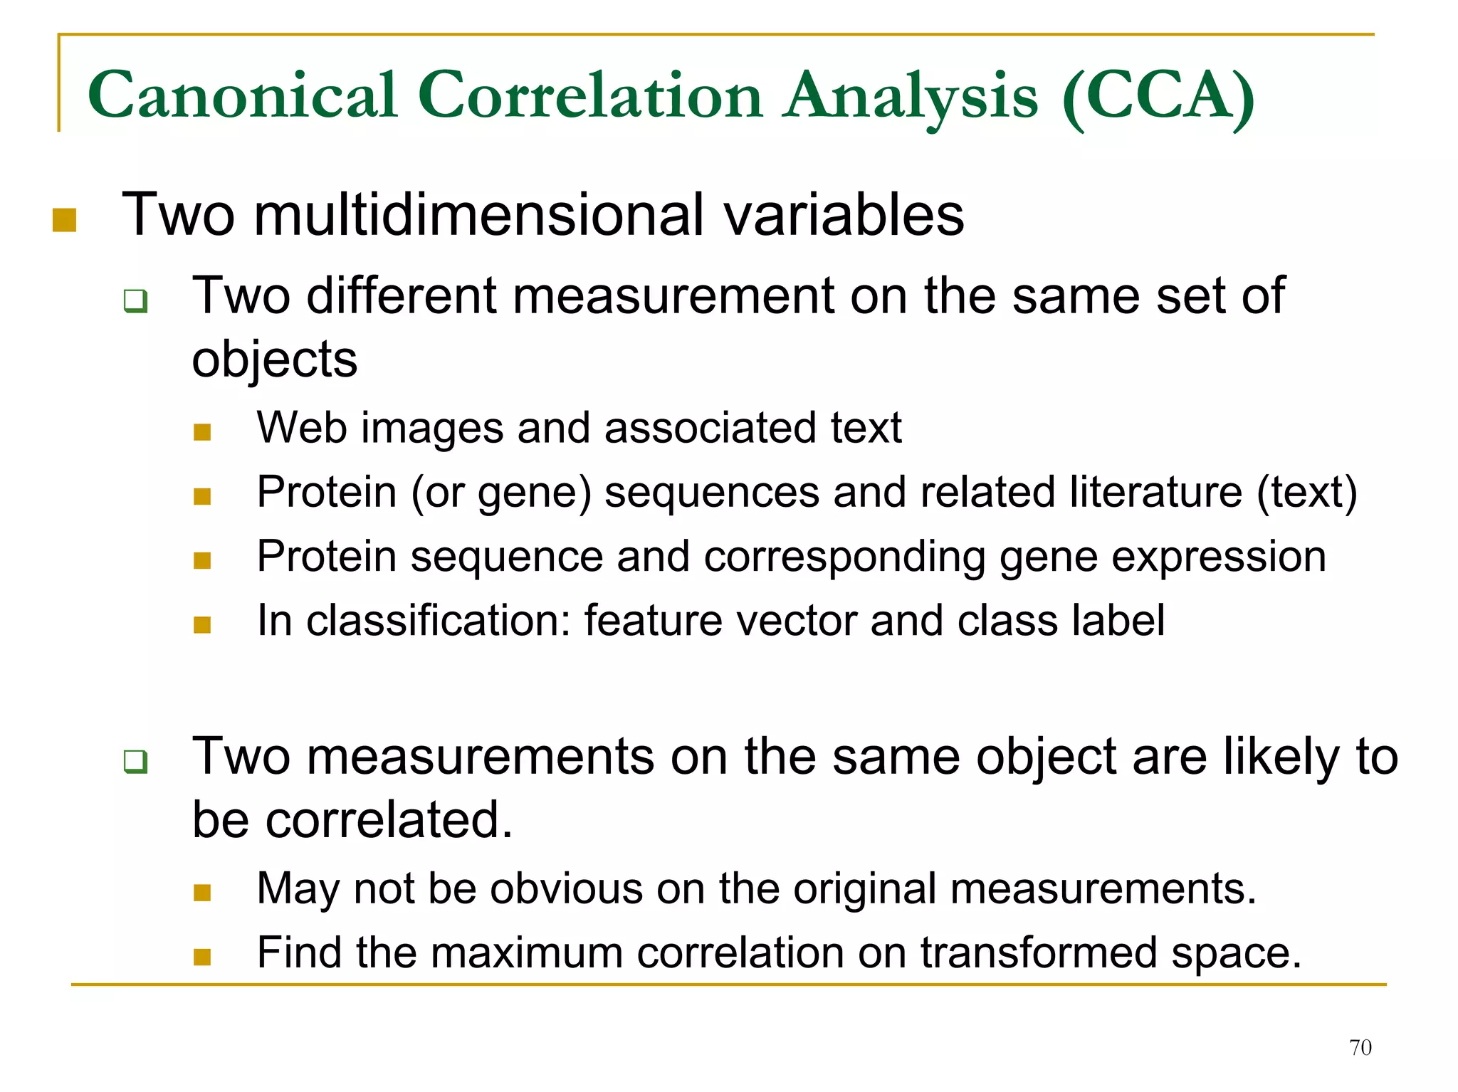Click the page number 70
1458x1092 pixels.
click(1360, 1047)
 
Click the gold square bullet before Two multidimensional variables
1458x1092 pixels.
click(64, 220)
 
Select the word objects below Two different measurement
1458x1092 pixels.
click(275, 360)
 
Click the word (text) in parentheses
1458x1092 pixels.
click(1307, 493)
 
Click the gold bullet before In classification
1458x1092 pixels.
click(202, 624)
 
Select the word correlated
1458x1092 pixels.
click(389, 820)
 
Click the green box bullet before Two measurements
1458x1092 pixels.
click(135, 761)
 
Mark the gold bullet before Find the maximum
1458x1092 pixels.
click(202, 956)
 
